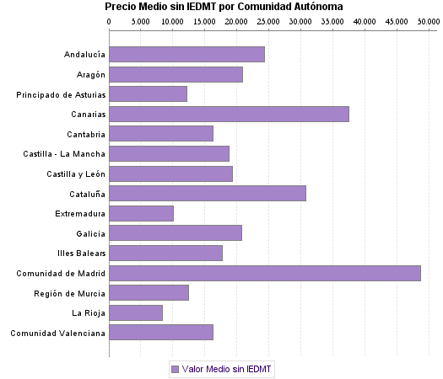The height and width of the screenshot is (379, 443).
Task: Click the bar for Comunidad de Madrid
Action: coord(264,273)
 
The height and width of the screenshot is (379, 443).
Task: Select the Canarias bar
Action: coord(229,114)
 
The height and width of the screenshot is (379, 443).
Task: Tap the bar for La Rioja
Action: coord(136,312)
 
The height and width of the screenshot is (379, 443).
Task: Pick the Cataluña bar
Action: coord(208,193)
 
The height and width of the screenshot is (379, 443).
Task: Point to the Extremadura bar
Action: coord(141,213)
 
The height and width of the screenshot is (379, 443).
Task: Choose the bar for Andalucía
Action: coord(186,54)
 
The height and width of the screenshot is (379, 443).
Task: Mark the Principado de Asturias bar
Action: coord(148,93)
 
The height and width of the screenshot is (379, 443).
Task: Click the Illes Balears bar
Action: coord(165,253)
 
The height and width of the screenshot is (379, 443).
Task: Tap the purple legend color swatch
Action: coord(175,369)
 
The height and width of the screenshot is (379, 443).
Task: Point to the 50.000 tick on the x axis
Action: coord(427,21)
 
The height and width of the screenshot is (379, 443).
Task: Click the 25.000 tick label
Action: coord(267,21)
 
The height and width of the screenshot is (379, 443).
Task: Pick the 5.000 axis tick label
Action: coord(141,21)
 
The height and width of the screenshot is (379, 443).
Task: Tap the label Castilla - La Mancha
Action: coord(64,153)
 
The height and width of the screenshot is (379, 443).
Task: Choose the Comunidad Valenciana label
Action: coord(57,333)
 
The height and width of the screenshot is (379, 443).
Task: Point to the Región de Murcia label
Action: coord(69,293)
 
